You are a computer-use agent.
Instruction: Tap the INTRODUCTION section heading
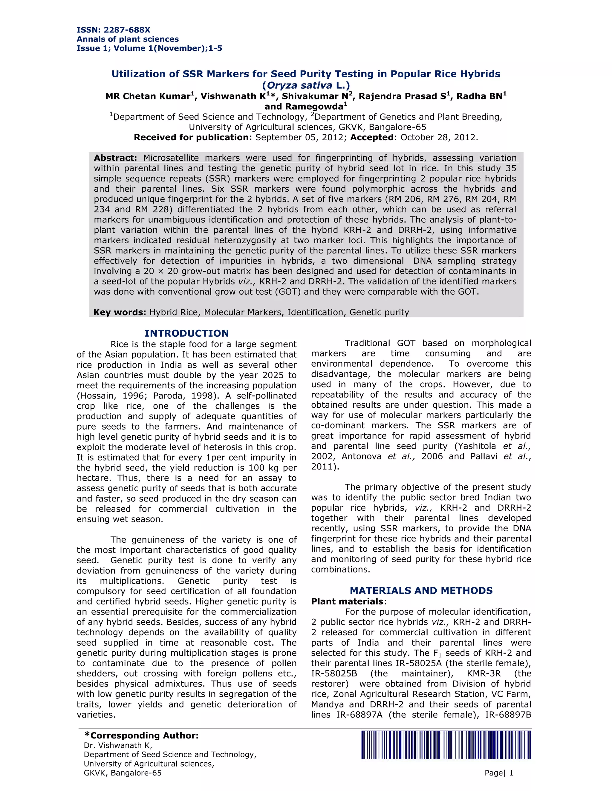click(186, 333)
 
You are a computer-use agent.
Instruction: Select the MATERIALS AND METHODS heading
click(421, 590)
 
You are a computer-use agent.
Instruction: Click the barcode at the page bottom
click(446, 745)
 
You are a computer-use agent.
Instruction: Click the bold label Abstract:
click(115, 158)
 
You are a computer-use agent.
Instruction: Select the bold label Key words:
click(120, 312)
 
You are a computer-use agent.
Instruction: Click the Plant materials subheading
click(347, 601)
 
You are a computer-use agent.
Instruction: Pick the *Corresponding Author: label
click(141, 735)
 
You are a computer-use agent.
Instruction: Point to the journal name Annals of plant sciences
click(127, 39)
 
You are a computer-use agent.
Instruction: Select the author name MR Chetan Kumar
click(148, 96)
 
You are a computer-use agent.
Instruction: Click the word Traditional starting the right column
click(367, 343)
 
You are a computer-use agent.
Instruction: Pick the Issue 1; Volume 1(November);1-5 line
click(149, 48)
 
